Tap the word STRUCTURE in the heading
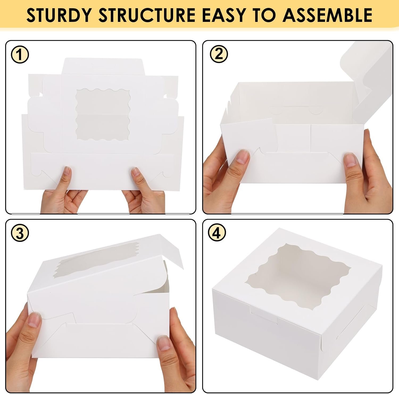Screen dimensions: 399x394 [147, 15]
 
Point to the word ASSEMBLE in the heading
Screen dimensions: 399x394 [327, 15]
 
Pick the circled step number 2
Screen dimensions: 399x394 [219, 54]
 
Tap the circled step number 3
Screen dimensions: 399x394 [20, 233]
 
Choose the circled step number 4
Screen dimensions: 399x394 [217, 233]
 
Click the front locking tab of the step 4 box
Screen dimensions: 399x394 [265, 315]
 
